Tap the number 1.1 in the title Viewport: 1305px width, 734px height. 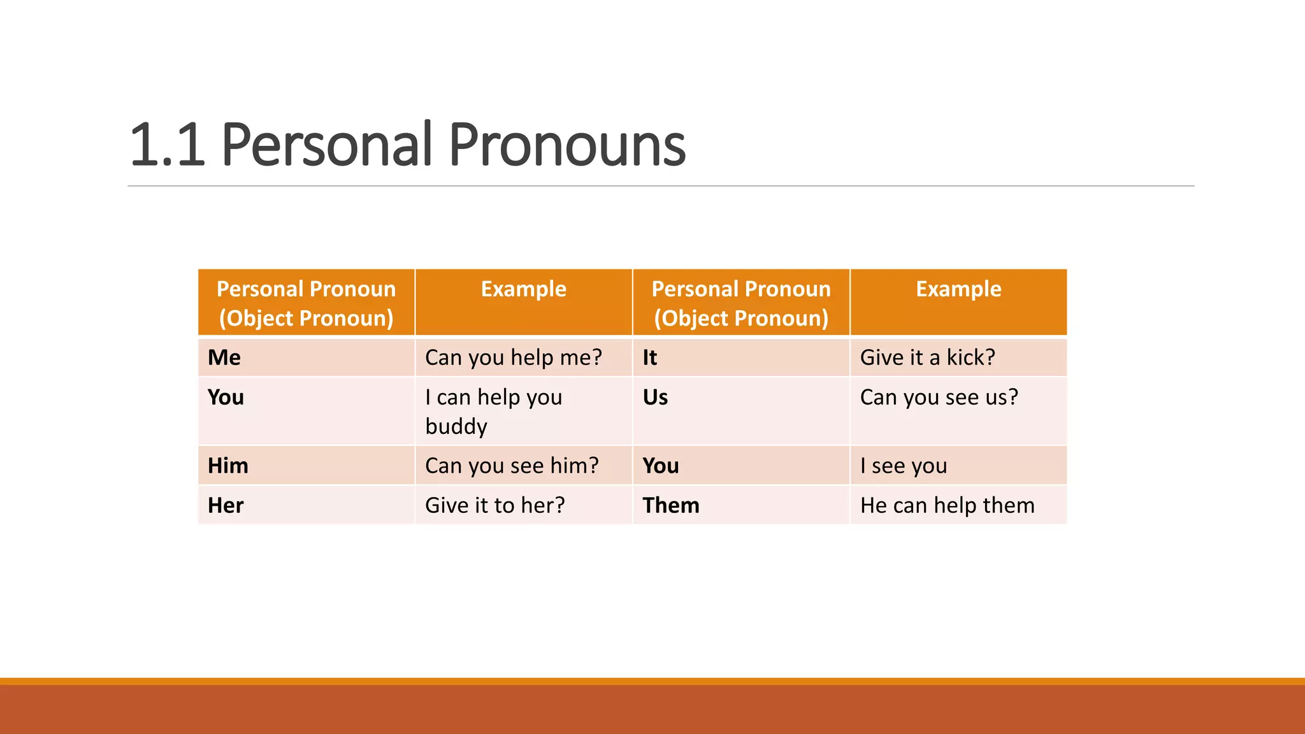tap(167, 147)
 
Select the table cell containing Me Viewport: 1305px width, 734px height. tap(224, 357)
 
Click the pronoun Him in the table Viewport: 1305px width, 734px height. tap(227, 466)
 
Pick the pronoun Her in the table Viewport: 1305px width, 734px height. tap(226, 505)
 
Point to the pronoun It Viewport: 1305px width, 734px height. tap(649, 357)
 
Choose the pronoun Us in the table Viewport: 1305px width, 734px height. tap(655, 397)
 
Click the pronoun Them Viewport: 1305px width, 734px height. tap(670, 505)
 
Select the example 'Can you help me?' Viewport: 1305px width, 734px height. tap(513, 357)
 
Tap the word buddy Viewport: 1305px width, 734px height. tap(456, 426)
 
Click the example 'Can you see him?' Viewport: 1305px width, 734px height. tap(512, 466)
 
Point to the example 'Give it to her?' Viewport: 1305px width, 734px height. tap(494, 505)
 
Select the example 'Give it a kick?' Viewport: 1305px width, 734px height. tap(927, 357)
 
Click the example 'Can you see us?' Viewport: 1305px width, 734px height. tap(939, 397)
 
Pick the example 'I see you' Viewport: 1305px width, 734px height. tap(903, 466)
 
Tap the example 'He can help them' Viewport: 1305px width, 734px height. tap(947, 505)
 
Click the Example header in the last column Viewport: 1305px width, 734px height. tap(958, 289)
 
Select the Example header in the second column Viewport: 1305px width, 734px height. tap(523, 289)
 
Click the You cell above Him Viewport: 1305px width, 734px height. tap(226, 397)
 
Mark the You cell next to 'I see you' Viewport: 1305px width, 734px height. tap(660, 466)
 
